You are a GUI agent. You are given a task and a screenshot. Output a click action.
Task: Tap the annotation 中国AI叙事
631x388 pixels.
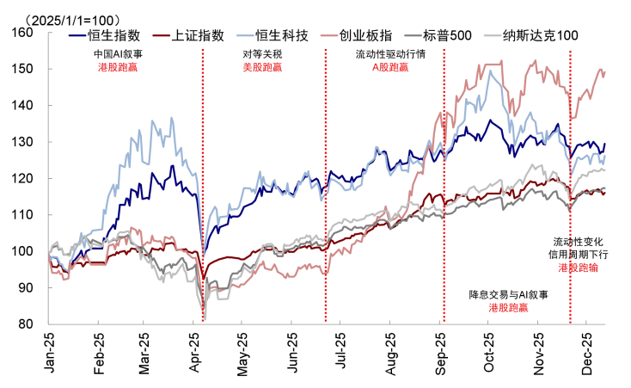point(118,54)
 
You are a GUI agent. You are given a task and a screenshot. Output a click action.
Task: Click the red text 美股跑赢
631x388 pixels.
point(260,66)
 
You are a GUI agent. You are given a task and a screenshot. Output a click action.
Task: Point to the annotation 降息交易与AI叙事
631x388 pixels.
point(507,295)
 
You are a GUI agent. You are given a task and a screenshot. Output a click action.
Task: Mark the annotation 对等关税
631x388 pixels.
point(260,54)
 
